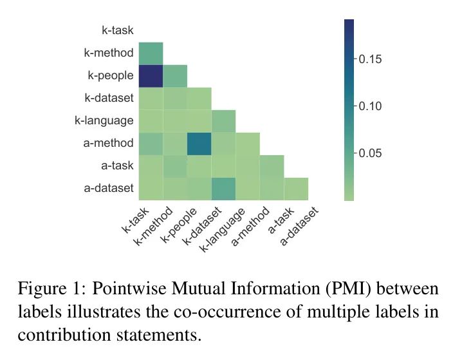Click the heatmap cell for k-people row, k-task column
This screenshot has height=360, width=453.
(x=151, y=75)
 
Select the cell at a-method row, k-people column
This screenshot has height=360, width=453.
(x=199, y=144)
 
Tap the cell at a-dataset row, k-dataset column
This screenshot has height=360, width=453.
(x=223, y=188)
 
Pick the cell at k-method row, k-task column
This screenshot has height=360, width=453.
(x=151, y=53)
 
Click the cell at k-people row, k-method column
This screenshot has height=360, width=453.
(x=175, y=75)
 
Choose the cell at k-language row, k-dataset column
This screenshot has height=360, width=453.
(x=223, y=120)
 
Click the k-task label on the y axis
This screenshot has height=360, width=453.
(x=117, y=30)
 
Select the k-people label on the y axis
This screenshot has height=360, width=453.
(x=111, y=75)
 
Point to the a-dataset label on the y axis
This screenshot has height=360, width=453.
(x=108, y=188)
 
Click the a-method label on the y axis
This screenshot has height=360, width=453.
(x=108, y=144)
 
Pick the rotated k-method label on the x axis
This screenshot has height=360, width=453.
(x=155, y=226)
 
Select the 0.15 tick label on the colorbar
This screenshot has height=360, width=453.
(x=371, y=59)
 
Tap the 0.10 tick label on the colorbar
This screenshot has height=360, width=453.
(x=371, y=106)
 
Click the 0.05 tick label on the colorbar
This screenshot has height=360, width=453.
(x=371, y=153)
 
